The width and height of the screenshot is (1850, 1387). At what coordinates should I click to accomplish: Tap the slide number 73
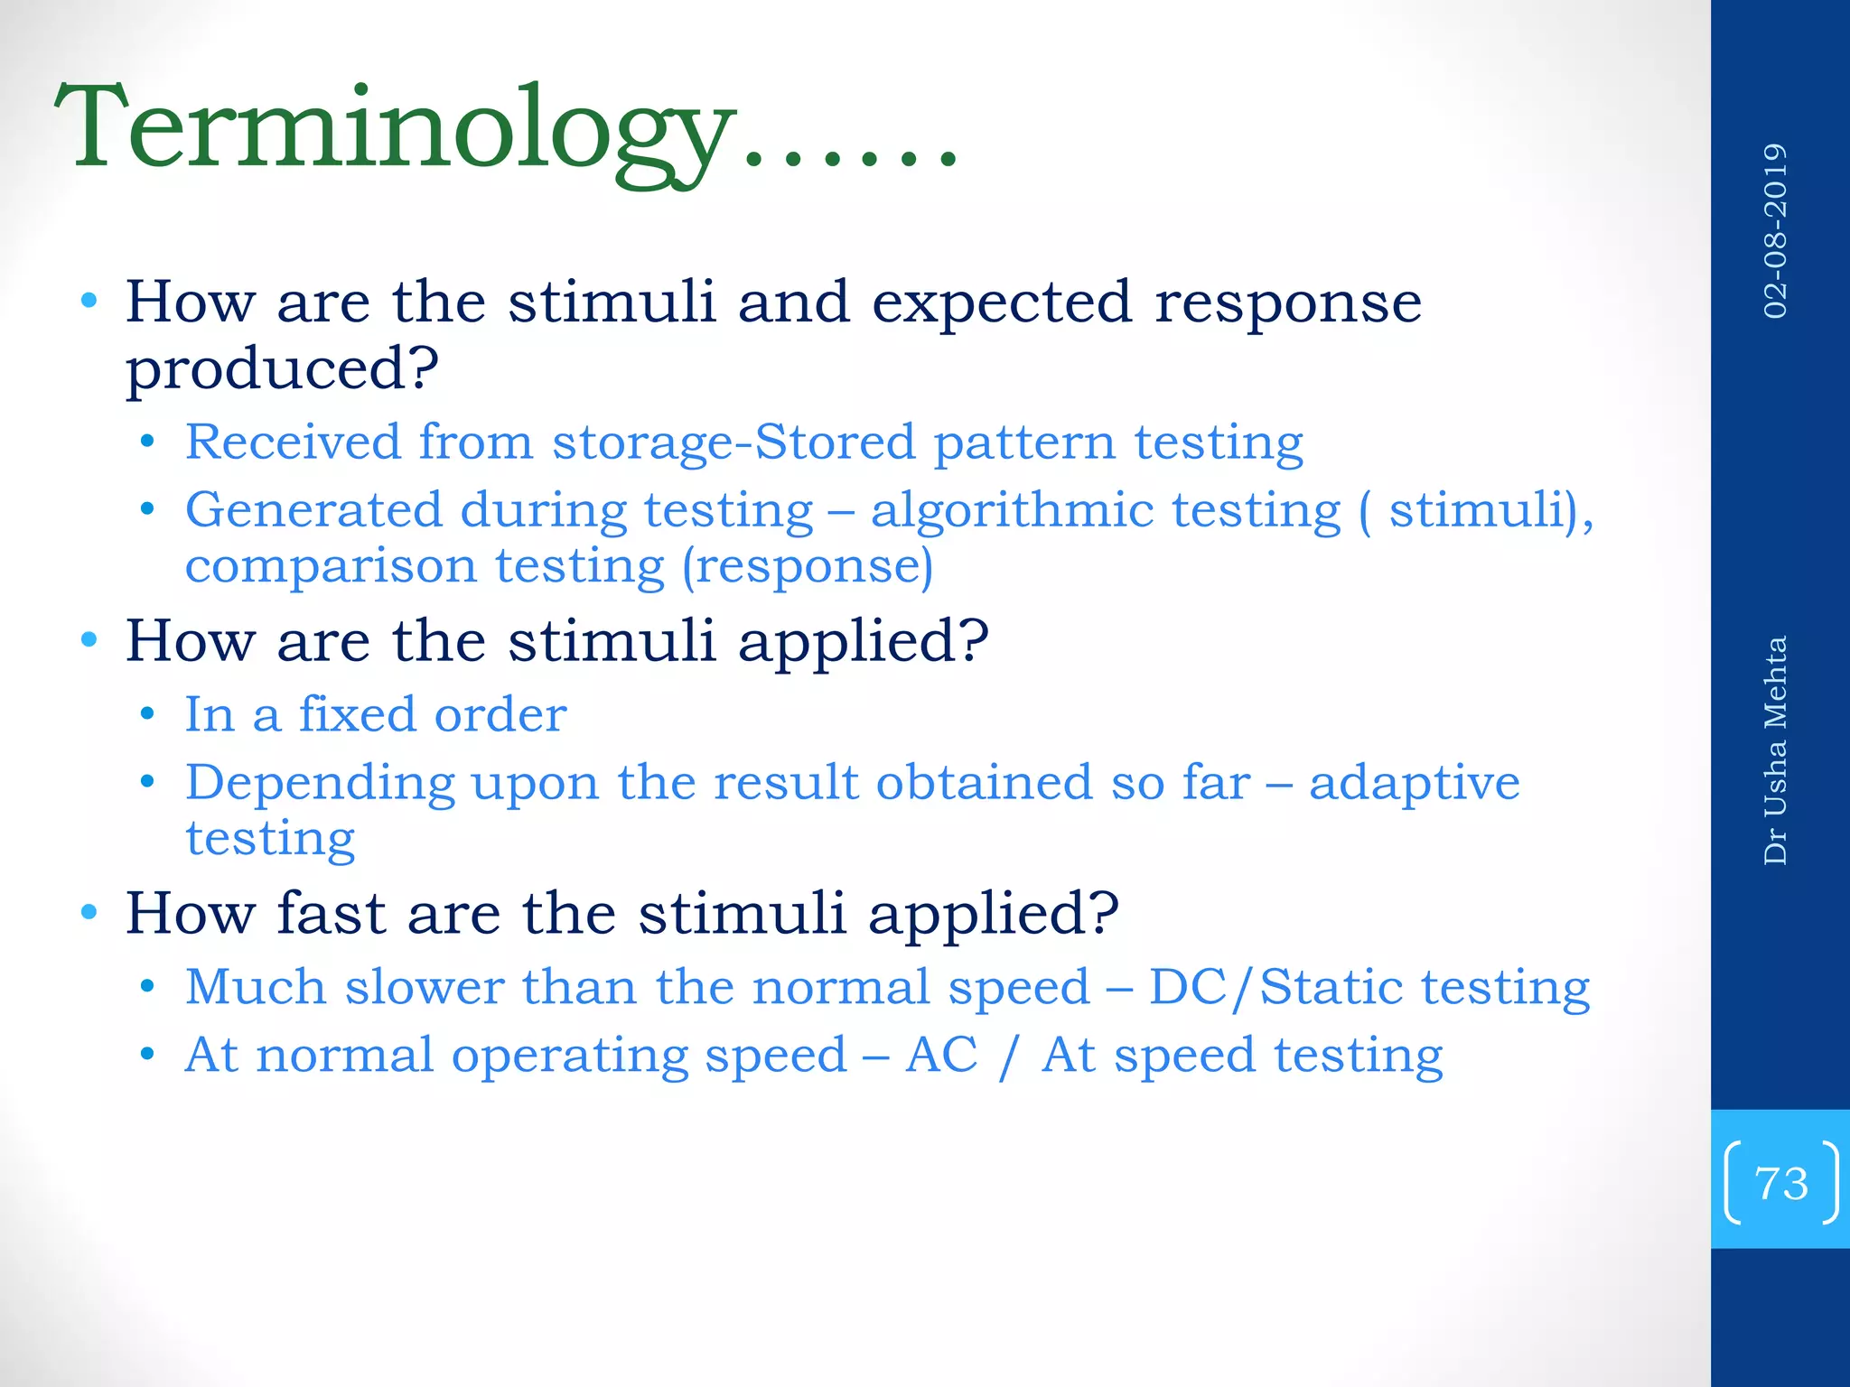click(1780, 1183)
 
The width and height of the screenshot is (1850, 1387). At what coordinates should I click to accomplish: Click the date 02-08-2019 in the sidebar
click(1775, 231)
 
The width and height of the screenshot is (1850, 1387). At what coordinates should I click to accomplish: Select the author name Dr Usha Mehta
click(1775, 750)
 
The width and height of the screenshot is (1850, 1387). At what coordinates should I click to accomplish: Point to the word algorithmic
click(1012, 510)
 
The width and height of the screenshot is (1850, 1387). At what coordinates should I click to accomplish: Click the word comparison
click(330, 567)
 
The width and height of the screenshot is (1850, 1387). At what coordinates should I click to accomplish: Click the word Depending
click(320, 784)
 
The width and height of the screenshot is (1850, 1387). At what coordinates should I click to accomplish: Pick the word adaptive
click(1414, 782)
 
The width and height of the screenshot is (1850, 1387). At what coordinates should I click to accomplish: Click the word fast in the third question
click(331, 913)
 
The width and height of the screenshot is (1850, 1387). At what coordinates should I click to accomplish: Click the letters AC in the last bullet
click(941, 1055)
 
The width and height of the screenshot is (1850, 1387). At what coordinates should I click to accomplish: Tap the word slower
click(424, 986)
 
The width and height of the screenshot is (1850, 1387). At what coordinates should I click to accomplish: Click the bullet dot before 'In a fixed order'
click(148, 715)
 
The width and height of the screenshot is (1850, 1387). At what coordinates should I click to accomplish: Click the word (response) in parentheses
click(807, 567)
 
